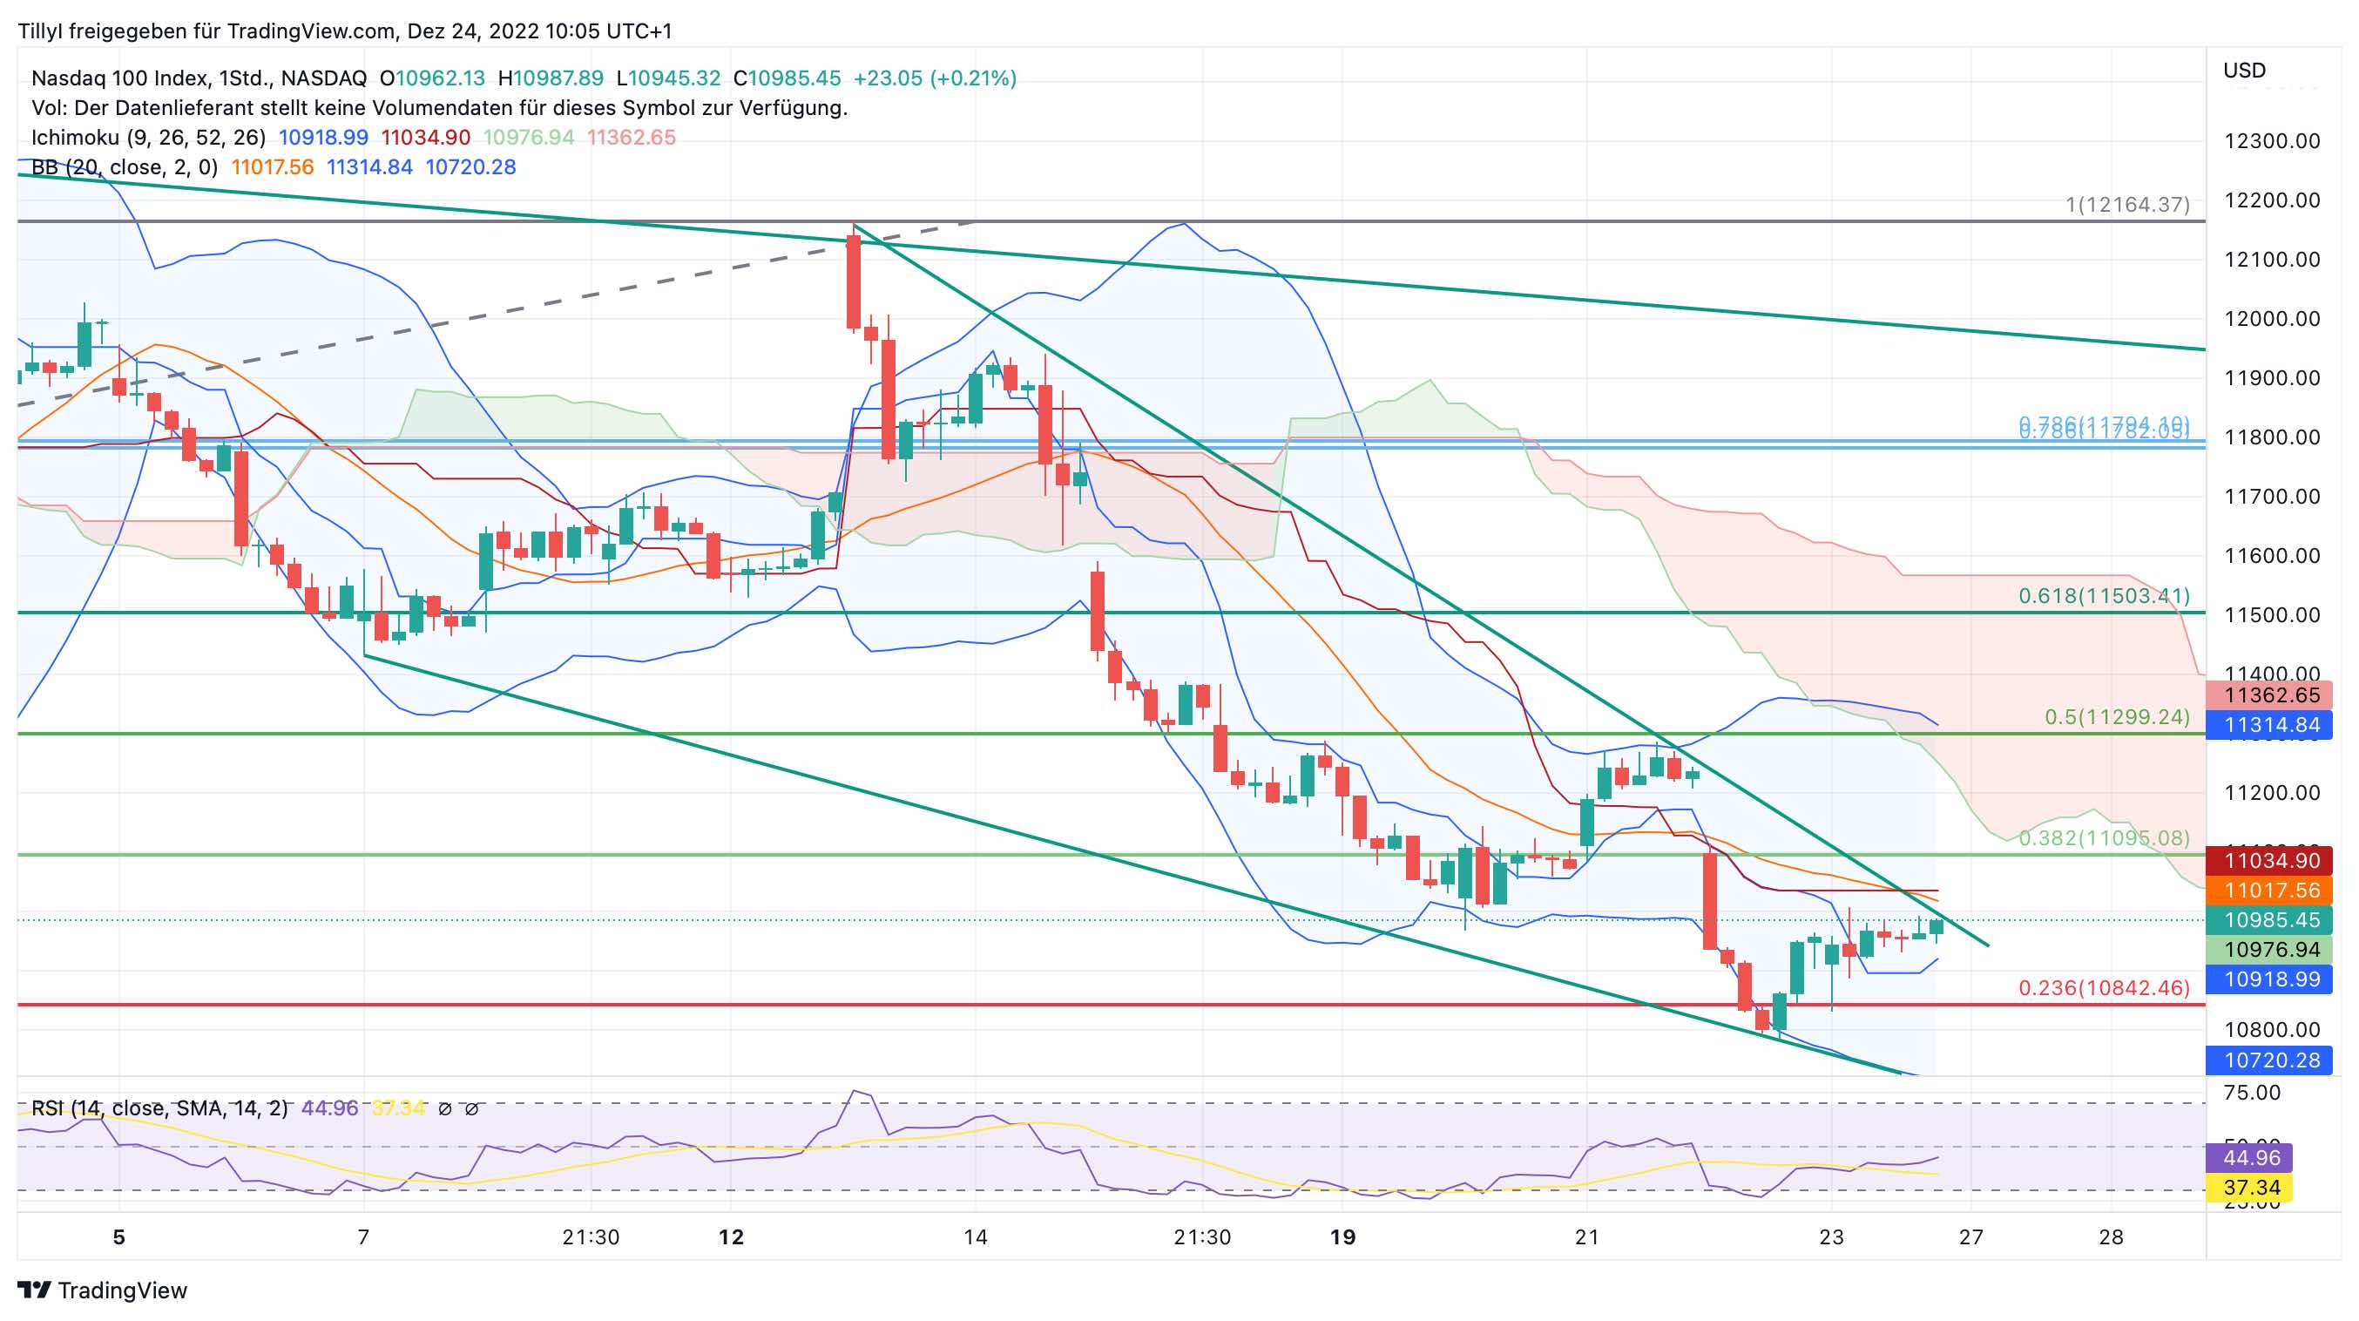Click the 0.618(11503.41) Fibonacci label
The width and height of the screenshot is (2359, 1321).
click(x=2104, y=596)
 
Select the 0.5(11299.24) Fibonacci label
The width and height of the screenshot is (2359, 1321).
click(x=2116, y=717)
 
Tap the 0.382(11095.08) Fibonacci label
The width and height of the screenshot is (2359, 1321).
click(x=2104, y=838)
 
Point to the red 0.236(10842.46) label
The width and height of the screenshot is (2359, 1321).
click(x=2104, y=988)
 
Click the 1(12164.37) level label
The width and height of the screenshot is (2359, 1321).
click(x=2126, y=204)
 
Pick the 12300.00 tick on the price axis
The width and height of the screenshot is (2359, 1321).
click(x=2271, y=141)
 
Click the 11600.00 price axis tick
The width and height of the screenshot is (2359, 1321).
click(x=2271, y=556)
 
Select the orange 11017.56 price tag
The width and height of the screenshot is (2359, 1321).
click(x=2271, y=891)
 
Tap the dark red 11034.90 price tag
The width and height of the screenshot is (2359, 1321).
click(x=2271, y=861)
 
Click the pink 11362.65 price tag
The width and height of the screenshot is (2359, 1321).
click(x=2271, y=695)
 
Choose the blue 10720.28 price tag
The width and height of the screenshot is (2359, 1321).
click(x=2271, y=1060)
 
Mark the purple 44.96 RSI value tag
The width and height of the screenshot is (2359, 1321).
click(x=2251, y=1158)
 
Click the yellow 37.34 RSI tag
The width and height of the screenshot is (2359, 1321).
click(x=2251, y=1189)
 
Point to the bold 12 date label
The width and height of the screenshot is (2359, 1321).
click(x=731, y=1237)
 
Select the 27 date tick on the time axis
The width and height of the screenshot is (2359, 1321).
click(x=1970, y=1237)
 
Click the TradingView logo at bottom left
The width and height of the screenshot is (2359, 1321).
click(x=103, y=1291)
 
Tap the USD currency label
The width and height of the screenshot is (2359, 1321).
click(x=2244, y=71)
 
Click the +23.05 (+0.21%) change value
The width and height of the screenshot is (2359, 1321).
click(x=934, y=78)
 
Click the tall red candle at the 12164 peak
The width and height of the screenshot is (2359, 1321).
click(x=854, y=281)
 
